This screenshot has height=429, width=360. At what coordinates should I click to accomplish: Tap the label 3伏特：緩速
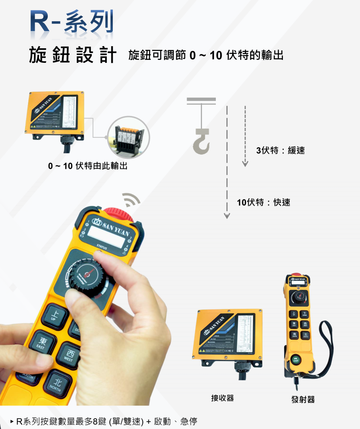(280, 150)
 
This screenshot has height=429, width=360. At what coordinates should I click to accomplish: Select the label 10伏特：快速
(263, 202)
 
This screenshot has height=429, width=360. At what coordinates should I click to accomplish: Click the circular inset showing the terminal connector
(129, 137)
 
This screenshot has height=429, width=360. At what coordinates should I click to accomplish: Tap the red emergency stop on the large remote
(118, 214)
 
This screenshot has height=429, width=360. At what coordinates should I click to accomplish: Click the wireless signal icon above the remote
(131, 200)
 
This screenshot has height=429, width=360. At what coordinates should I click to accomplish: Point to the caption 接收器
(223, 398)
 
